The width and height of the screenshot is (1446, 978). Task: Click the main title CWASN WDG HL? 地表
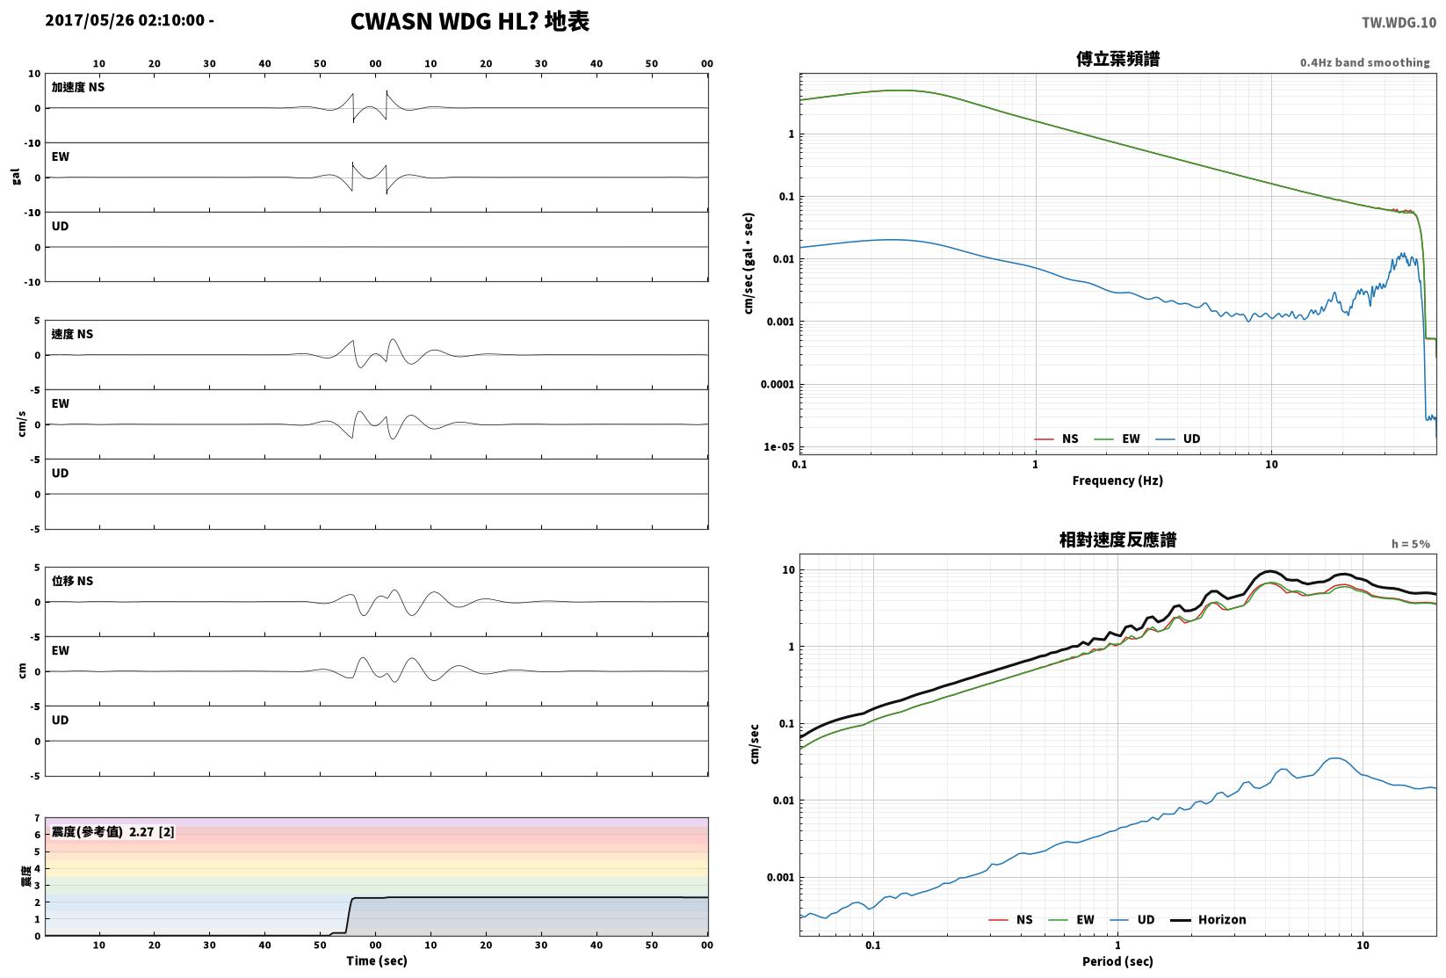click(x=469, y=21)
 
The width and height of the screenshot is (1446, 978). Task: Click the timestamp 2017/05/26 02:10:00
click(x=125, y=20)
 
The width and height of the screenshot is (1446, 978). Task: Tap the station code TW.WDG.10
click(x=1399, y=23)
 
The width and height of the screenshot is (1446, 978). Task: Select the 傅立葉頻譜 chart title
click(x=1117, y=59)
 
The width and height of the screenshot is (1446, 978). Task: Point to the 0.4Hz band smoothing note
click(x=1364, y=62)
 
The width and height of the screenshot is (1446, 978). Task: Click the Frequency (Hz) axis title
click(x=1117, y=481)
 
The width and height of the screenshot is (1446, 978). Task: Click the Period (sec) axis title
click(x=1117, y=961)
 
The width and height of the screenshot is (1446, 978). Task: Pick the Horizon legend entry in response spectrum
click(x=1209, y=919)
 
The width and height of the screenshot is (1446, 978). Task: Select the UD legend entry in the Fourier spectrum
click(x=1178, y=438)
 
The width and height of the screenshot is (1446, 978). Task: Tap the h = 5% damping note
click(x=1411, y=544)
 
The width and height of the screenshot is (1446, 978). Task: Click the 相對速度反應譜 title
click(x=1117, y=540)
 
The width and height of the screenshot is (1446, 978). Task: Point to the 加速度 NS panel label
click(x=78, y=87)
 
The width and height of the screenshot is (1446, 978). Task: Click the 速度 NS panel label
click(x=72, y=334)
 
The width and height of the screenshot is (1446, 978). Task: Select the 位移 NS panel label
click(x=72, y=581)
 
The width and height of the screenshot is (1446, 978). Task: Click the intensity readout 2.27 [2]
click(x=152, y=831)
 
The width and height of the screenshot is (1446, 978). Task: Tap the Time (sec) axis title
click(x=377, y=960)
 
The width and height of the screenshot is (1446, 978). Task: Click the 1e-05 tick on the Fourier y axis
click(x=779, y=446)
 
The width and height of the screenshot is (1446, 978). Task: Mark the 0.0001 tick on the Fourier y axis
click(x=777, y=384)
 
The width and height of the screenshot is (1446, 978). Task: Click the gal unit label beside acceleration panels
click(x=16, y=177)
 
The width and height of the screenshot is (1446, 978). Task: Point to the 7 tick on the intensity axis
click(x=38, y=818)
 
